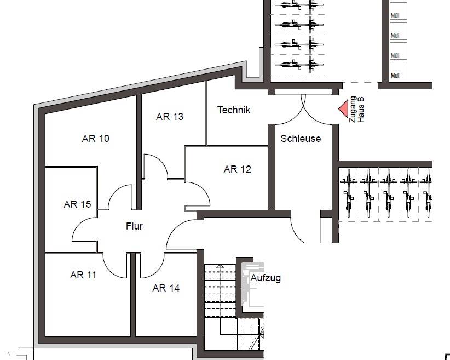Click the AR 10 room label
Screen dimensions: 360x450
[x=95, y=139]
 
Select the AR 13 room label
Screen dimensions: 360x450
[x=170, y=117]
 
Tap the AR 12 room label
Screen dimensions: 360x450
[x=238, y=169]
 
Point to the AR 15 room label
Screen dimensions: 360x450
[x=77, y=204]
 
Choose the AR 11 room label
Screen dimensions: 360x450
[x=83, y=275]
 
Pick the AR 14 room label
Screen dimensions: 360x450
[x=166, y=288]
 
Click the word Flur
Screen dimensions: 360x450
[x=134, y=226]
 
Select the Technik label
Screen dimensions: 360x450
[x=234, y=110]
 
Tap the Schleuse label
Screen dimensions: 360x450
[x=301, y=139]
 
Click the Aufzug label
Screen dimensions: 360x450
[x=266, y=278]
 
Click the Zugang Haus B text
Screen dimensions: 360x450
[x=356, y=109]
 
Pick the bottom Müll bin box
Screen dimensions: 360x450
[x=398, y=70]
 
